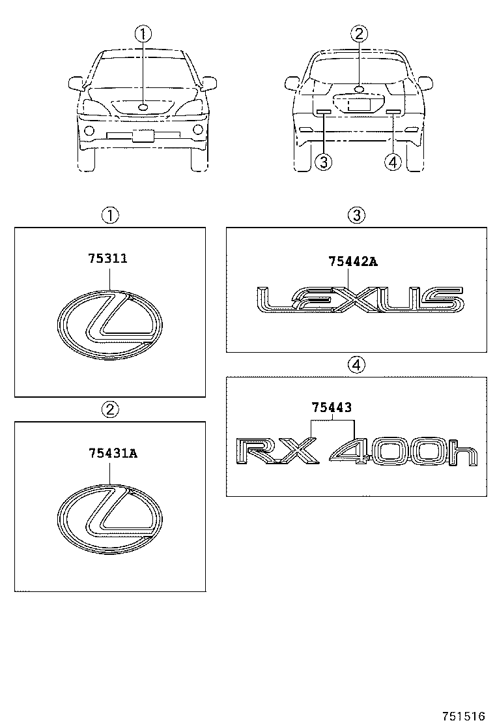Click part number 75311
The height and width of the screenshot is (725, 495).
[x=107, y=259]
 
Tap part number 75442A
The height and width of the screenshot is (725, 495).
[x=353, y=262]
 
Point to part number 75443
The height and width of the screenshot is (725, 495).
[x=332, y=407]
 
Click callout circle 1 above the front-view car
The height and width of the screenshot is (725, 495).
[x=143, y=34]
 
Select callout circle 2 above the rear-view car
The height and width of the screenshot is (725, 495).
[x=358, y=34]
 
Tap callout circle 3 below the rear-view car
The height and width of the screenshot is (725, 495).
[x=322, y=162]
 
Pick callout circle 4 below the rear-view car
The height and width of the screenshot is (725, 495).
[x=393, y=162]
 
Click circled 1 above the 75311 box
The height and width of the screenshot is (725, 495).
[x=110, y=215]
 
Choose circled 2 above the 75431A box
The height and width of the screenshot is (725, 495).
[x=110, y=409]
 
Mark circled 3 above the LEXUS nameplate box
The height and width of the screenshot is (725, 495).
[x=356, y=215]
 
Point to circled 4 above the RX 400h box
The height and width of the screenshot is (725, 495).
[x=356, y=365]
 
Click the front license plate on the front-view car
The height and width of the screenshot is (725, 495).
[x=143, y=136]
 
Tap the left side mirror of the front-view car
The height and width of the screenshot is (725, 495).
[x=76, y=83]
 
